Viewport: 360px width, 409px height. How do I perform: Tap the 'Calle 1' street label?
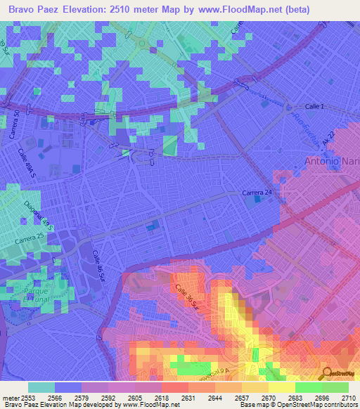[x=315, y=106]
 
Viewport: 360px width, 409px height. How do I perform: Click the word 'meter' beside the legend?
[x=10, y=397]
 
